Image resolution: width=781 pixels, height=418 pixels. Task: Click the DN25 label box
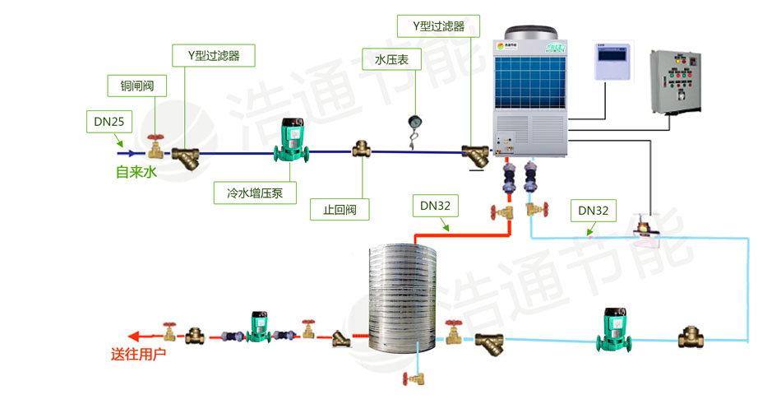pos(109,122)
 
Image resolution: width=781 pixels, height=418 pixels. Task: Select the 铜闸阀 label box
pos(137,85)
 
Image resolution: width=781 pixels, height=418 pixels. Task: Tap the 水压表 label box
pos(391,59)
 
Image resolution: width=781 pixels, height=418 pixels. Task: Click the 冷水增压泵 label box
pos(255,193)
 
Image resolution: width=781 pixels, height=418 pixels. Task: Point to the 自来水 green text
pos(136,173)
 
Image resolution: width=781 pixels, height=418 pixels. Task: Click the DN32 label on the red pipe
pos(435,205)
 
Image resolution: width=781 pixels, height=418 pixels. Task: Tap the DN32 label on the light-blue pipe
pos(593,211)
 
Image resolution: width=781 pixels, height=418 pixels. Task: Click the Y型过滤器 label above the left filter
pos(214,56)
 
